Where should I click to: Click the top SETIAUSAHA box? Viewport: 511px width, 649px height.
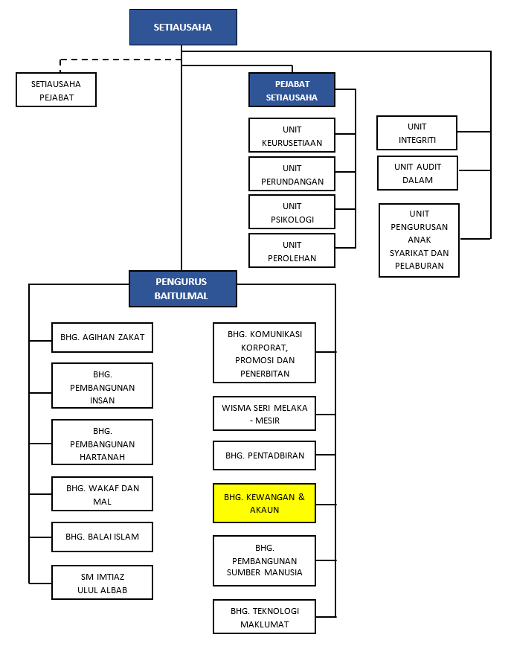click(183, 27)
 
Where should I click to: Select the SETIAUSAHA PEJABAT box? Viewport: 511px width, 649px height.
click(57, 90)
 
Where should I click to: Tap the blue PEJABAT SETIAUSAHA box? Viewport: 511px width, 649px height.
click(292, 90)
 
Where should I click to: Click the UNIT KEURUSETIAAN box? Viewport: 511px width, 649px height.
click(292, 135)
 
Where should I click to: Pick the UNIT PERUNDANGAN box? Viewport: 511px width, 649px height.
click(292, 174)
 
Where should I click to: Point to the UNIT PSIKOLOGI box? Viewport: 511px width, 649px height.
click(292, 212)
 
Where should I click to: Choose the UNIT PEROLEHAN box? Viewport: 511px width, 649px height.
click(292, 250)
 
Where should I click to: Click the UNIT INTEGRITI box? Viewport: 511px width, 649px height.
click(417, 133)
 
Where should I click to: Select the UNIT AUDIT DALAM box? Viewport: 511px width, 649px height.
click(417, 173)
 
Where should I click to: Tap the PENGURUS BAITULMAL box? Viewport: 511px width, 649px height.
click(183, 289)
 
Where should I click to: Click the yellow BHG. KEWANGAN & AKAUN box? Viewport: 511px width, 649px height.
click(264, 503)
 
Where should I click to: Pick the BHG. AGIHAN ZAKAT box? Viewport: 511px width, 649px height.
click(102, 337)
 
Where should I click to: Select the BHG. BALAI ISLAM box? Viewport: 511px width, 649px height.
click(102, 537)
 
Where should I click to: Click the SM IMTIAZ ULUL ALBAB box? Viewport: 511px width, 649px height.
click(102, 582)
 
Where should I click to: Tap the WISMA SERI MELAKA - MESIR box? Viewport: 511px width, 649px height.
click(264, 414)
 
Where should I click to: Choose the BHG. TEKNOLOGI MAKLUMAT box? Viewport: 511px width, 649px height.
click(264, 617)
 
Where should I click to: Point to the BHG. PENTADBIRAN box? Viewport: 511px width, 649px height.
click(264, 455)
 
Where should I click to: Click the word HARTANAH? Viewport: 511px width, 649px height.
click(102, 457)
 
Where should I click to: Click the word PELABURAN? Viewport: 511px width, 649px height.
click(420, 266)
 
